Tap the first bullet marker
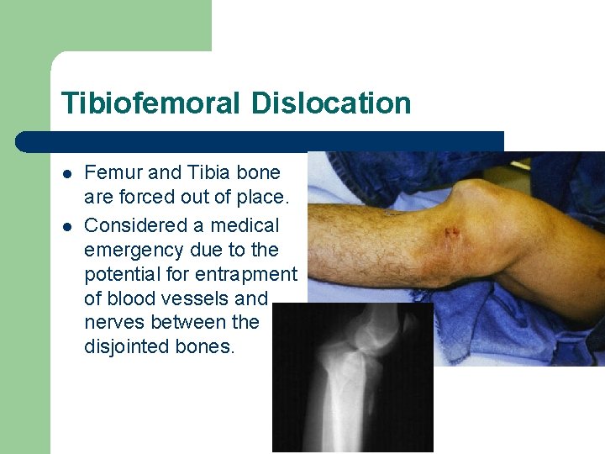(x=66, y=173)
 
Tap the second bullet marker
(x=66, y=226)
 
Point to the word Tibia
(x=208, y=172)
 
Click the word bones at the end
(x=204, y=346)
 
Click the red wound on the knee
(x=450, y=230)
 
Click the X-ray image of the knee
(x=353, y=378)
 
